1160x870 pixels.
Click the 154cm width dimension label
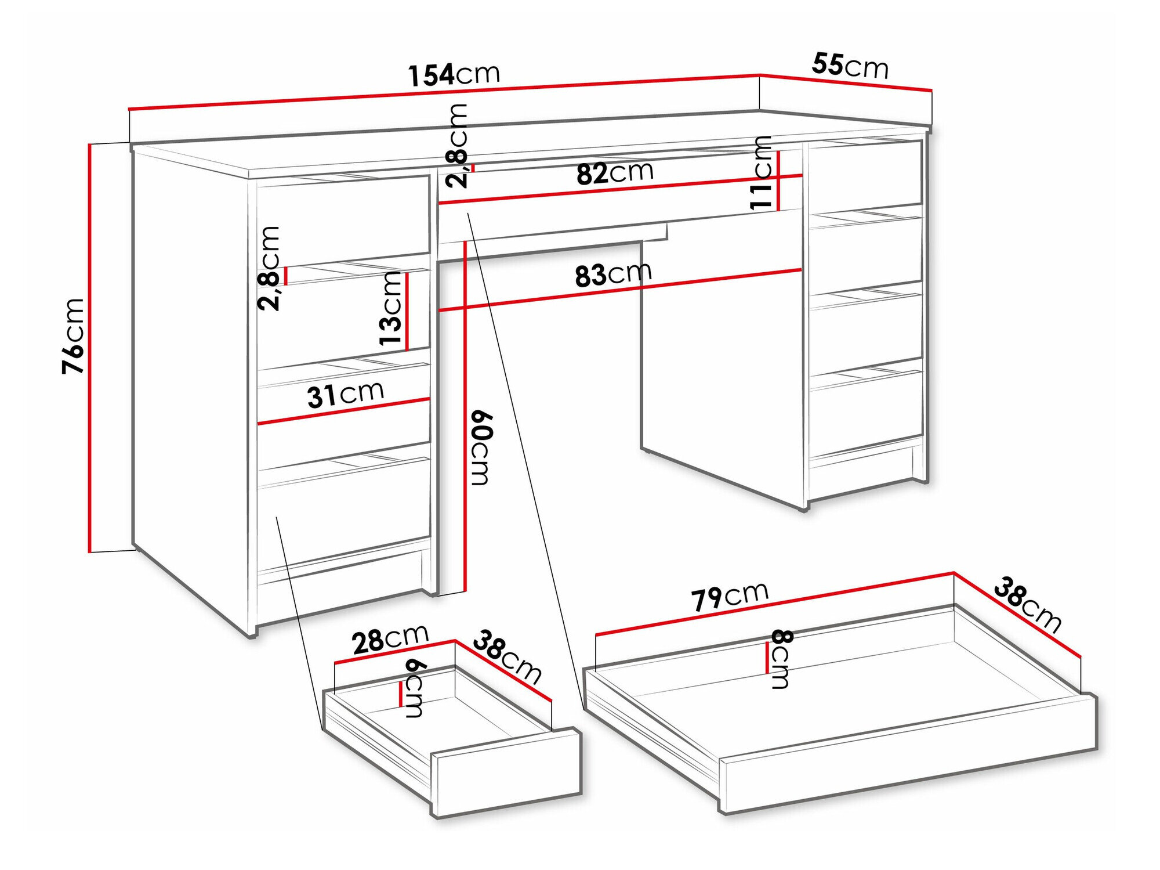[454, 75]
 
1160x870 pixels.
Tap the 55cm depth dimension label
[850, 66]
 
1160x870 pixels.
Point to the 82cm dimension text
[615, 172]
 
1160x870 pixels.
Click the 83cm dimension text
[613, 275]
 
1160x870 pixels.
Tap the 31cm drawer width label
[345, 395]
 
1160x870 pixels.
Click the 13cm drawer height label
[391, 309]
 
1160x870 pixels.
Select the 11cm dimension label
[761, 172]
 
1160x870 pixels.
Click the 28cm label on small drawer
[390, 639]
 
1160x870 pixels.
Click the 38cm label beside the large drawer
[1027, 604]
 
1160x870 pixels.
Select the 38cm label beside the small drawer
[507, 658]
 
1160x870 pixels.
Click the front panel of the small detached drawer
[506, 772]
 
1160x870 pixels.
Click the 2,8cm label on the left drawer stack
[270, 268]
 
